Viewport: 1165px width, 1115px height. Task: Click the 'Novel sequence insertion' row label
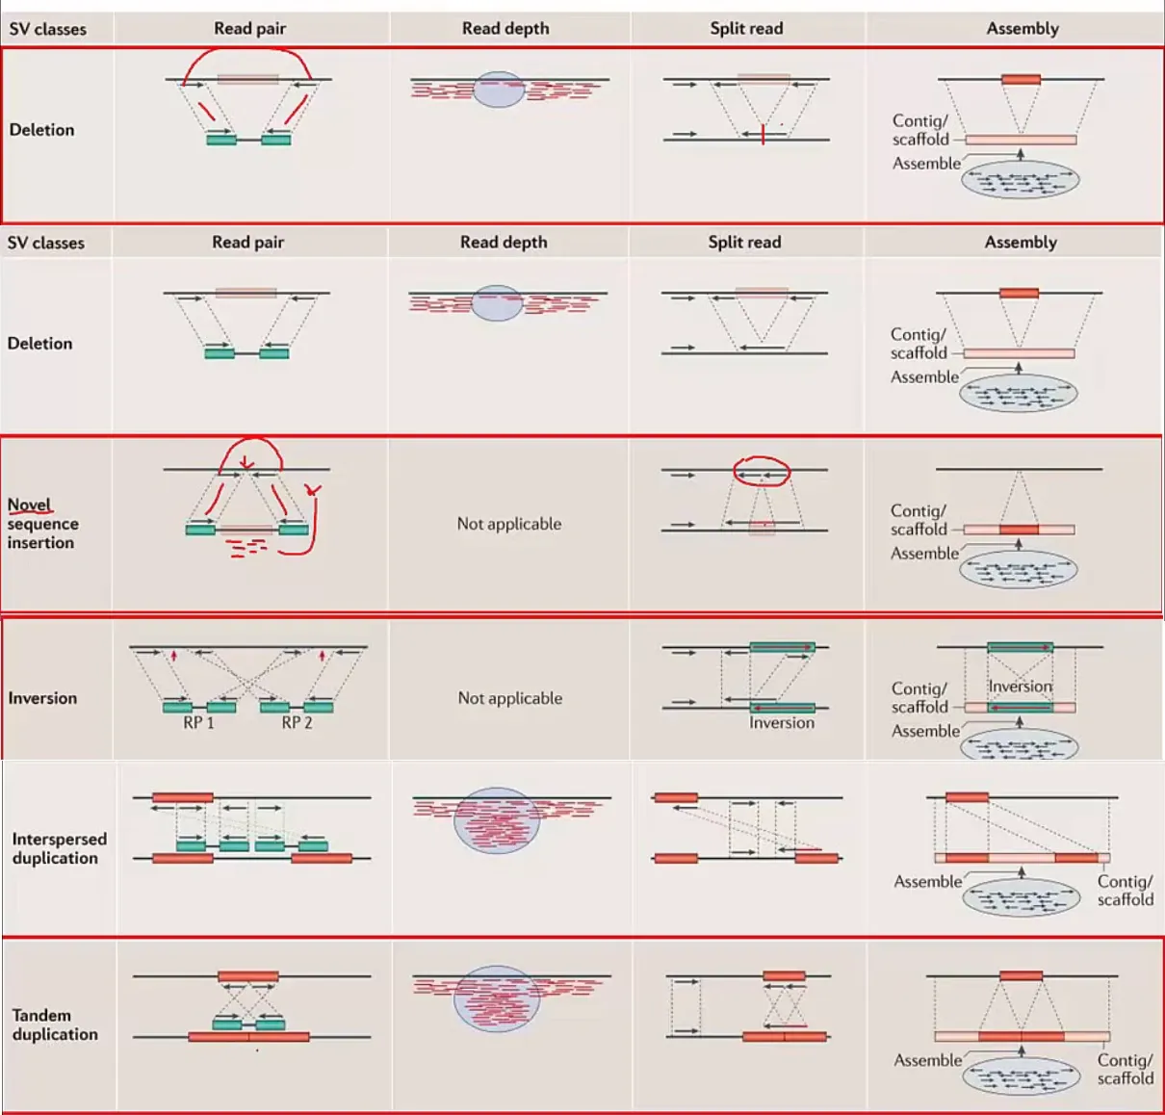(x=42, y=524)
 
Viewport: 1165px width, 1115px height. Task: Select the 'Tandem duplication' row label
(x=55, y=1024)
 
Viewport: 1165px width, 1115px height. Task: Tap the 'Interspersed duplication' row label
(x=60, y=848)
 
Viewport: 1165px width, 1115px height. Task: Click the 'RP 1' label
(x=198, y=723)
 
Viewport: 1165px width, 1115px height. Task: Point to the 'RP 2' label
(x=297, y=723)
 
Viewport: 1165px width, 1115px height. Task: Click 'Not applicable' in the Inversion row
(x=510, y=698)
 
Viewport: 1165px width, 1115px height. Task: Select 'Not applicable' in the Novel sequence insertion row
(x=509, y=524)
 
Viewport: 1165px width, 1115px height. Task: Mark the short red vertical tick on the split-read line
(x=764, y=134)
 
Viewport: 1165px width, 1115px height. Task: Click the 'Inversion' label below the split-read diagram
(x=782, y=723)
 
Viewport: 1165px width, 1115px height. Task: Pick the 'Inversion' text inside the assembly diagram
(x=1021, y=687)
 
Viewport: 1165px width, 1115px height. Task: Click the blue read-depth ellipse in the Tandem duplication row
(x=497, y=998)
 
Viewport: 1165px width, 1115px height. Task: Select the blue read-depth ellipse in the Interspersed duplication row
(x=497, y=820)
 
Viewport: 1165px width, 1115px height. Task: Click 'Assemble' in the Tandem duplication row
(x=928, y=1060)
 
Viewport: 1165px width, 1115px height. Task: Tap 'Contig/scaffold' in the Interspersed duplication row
(x=1126, y=891)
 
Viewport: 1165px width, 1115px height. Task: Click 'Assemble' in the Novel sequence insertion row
(x=925, y=554)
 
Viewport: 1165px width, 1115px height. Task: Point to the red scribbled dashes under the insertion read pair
(x=246, y=548)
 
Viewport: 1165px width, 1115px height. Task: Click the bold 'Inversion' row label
(x=42, y=698)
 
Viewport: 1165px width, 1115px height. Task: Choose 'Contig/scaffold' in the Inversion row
(x=919, y=698)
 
